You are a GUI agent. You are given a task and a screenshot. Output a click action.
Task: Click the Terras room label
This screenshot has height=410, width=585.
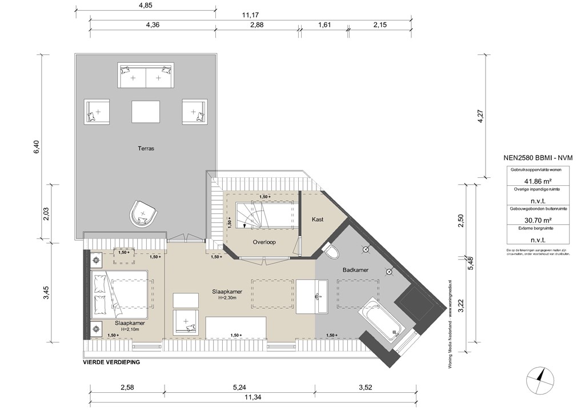tap(146, 148)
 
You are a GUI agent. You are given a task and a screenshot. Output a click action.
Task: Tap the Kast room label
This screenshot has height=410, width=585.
tap(318, 220)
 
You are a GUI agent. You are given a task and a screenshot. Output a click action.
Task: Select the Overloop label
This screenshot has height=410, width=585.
tap(264, 242)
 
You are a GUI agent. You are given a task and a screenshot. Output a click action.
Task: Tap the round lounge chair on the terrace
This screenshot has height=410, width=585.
tap(143, 213)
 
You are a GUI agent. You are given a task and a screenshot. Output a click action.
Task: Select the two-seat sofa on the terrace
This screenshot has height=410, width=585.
tap(146, 77)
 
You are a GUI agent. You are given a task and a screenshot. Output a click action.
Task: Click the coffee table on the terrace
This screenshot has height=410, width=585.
tap(146, 111)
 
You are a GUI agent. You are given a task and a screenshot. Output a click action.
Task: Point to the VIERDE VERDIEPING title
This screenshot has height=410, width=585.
tap(112, 363)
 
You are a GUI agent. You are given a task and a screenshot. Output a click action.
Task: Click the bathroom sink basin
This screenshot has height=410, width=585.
tap(315, 296)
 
